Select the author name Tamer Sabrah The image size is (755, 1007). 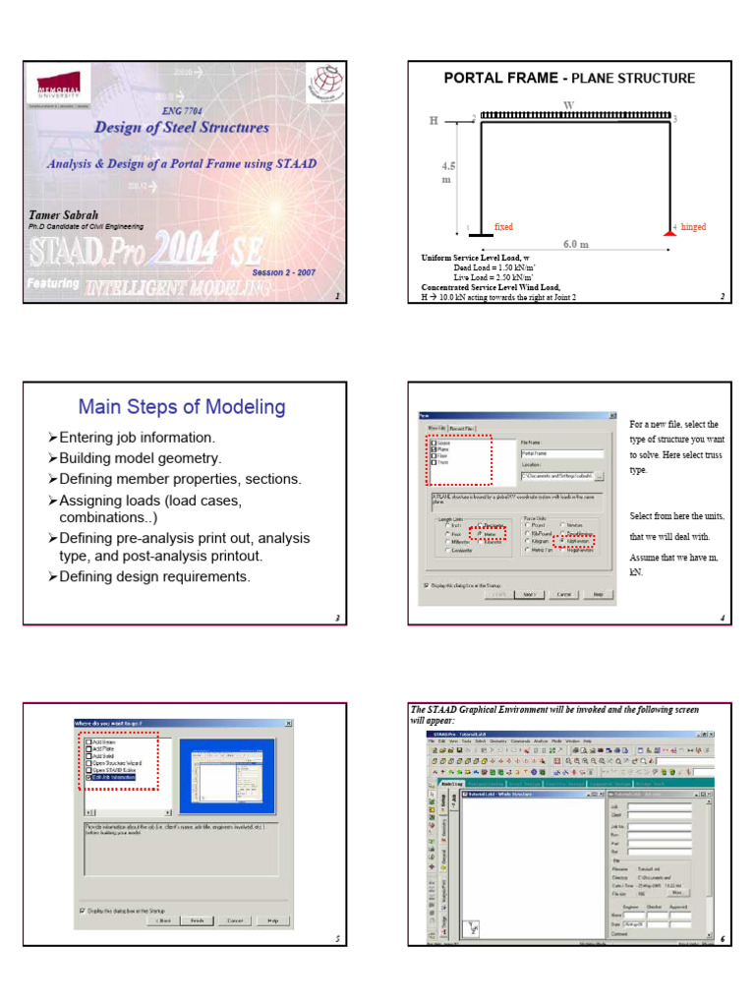click(x=65, y=213)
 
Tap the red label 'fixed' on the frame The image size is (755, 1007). click(x=503, y=227)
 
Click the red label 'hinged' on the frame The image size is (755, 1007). click(x=693, y=227)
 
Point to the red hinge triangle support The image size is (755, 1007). click(x=670, y=231)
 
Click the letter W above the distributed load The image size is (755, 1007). click(x=568, y=103)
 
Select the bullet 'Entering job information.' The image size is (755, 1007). click(x=138, y=437)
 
